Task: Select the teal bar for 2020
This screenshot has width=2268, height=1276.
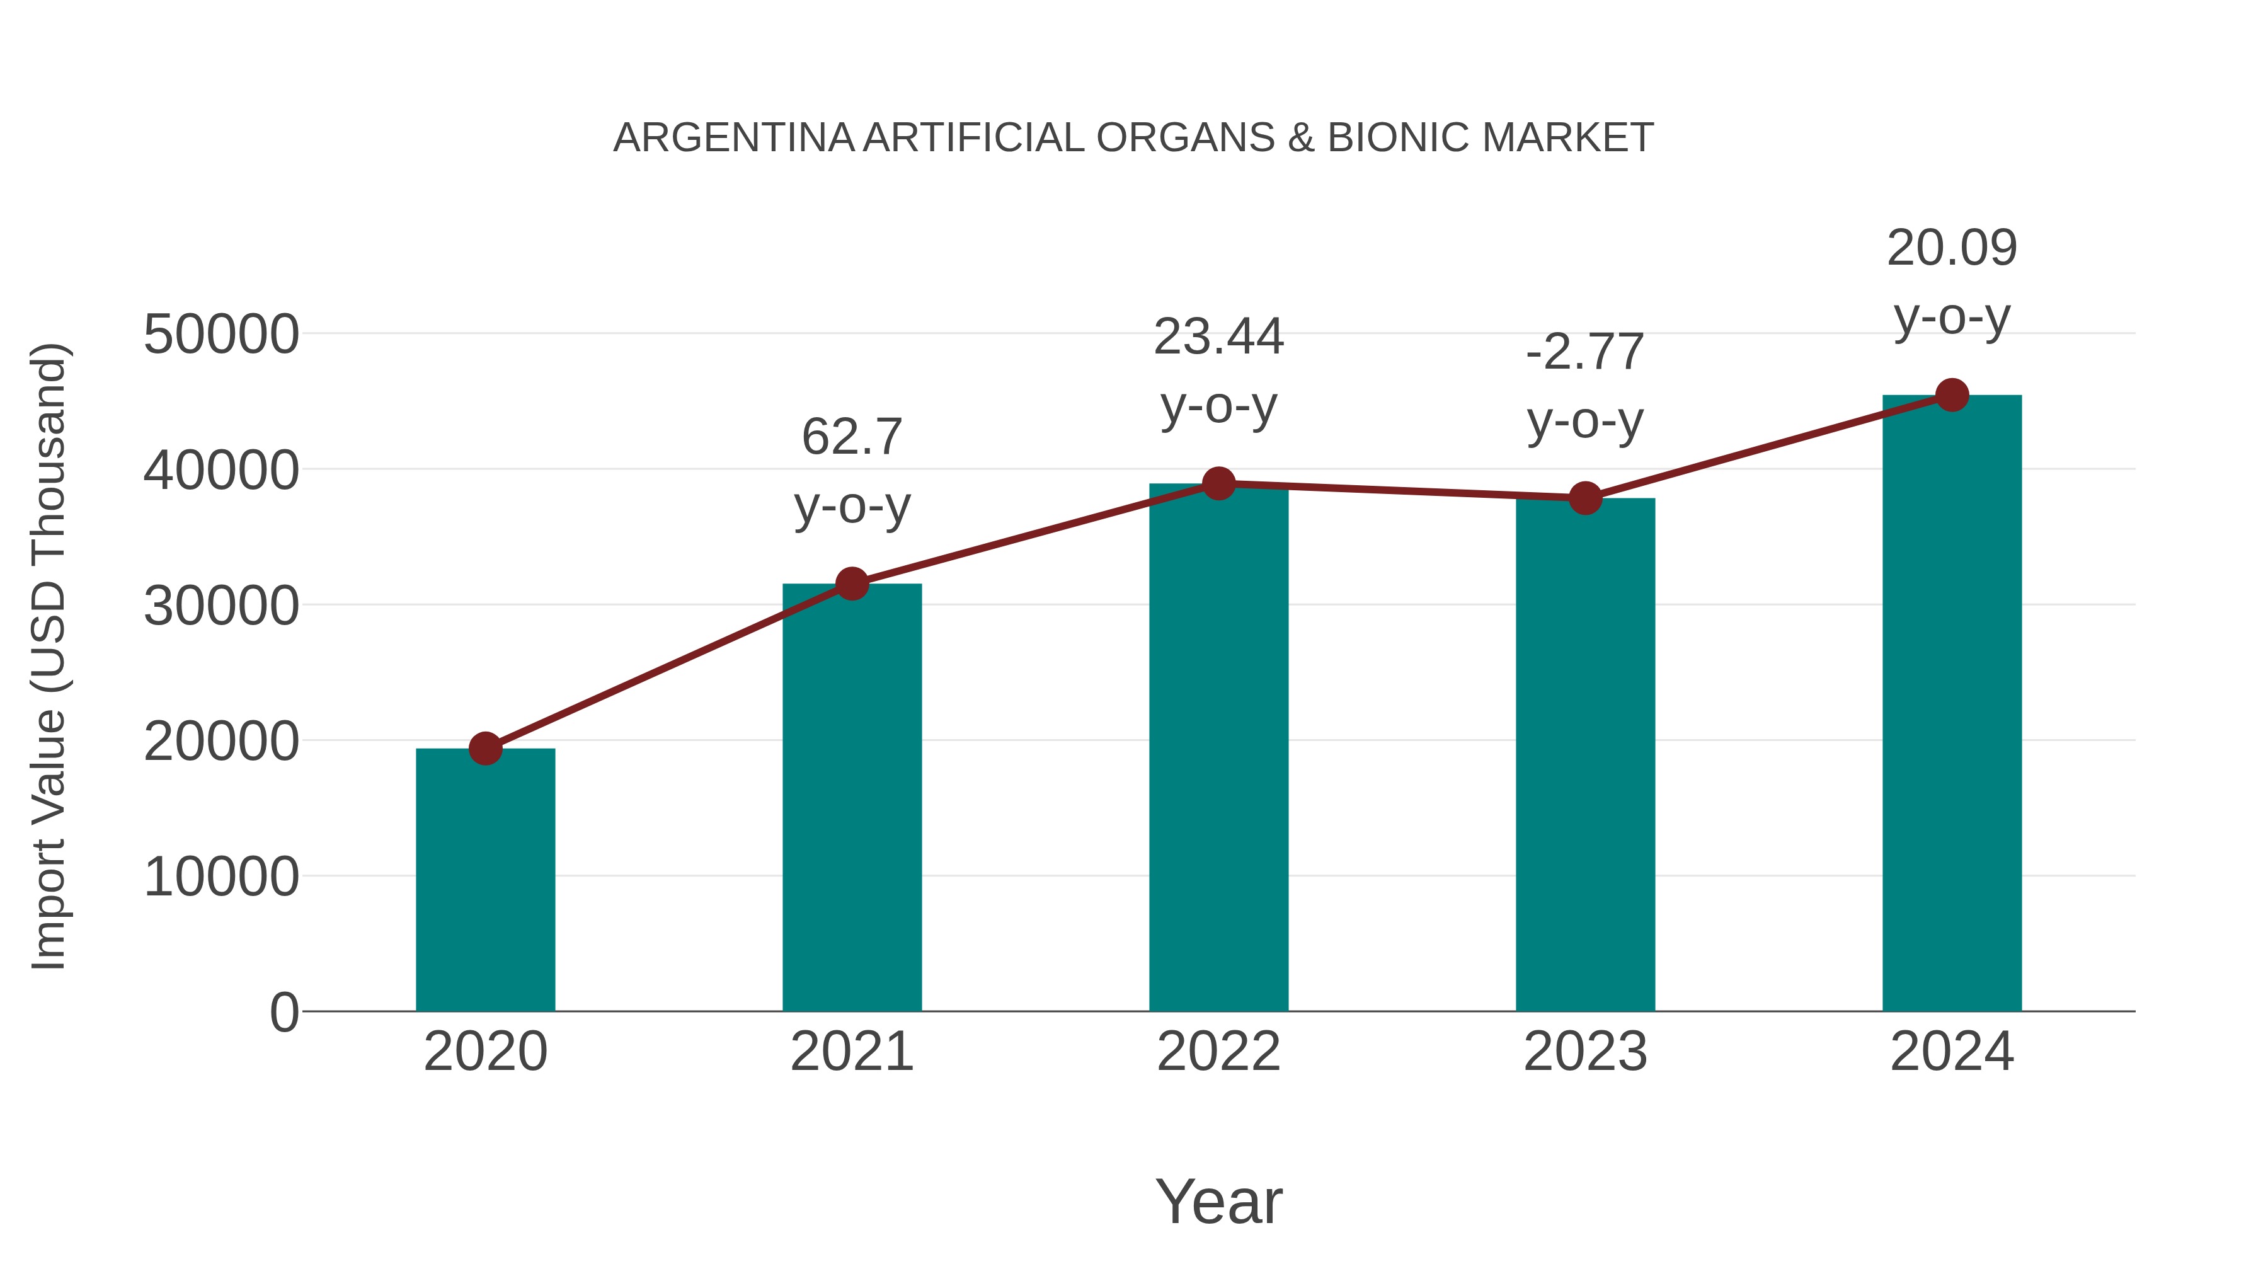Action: pyautogui.click(x=485, y=881)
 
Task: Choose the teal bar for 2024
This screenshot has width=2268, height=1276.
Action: pyautogui.click(x=1952, y=704)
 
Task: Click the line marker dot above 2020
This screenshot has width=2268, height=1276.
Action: pyautogui.click(x=485, y=749)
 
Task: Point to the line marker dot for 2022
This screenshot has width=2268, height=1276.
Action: pyautogui.click(x=1218, y=483)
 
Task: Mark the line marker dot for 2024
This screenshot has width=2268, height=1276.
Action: pyautogui.click(x=1952, y=395)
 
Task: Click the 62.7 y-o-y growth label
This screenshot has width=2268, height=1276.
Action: pyautogui.click(x=851, y=471)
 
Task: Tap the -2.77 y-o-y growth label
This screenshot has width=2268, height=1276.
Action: pyautogui.click(x=1585, y=387)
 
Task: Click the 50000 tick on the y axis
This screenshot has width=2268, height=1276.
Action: pyautogui.click(x=221, y=335)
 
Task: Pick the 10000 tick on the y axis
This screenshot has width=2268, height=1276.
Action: pyautogui.click(x=221, y=877)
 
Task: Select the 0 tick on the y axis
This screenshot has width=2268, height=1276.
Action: pyautogui.click(x=284, y=1013)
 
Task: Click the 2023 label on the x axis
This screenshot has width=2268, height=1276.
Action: pyautogui.click(x=1585, y=1052)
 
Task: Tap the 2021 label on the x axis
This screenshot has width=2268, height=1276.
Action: pyautogui.click(x=851, y=1052)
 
